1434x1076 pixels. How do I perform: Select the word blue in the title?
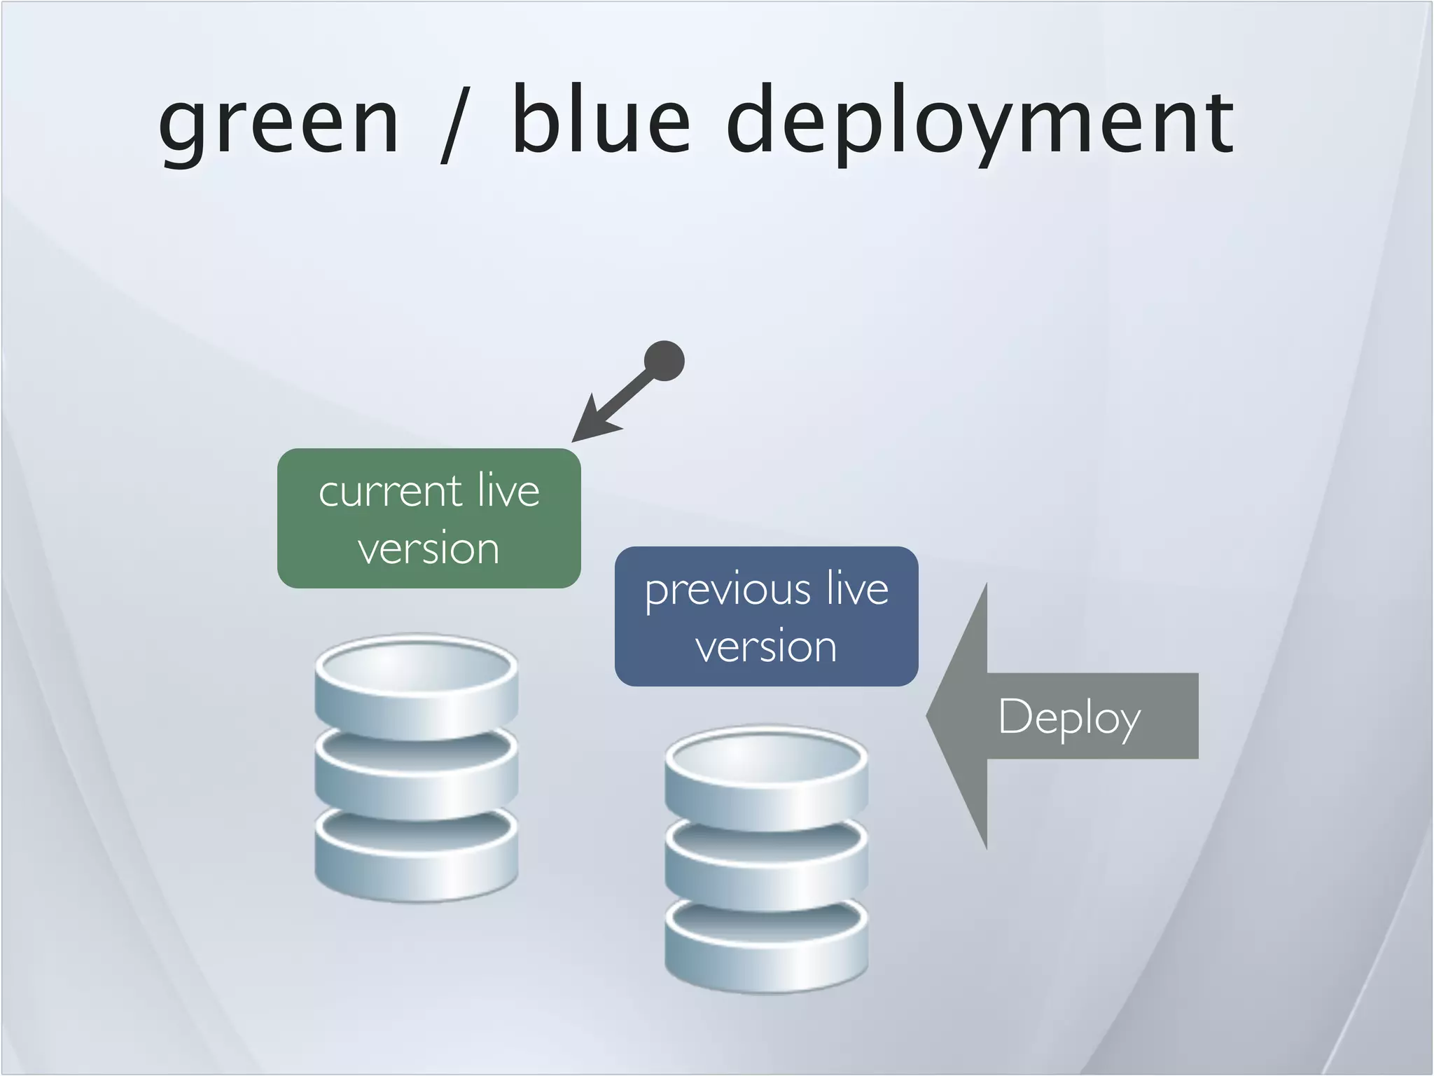tap(601, 119)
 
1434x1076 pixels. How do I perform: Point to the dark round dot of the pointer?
tap(664, 361)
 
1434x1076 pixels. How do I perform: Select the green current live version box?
tap(429, 518)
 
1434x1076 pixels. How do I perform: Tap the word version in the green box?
tap(429, 549)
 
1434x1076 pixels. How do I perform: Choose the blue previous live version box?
tap(766, 616)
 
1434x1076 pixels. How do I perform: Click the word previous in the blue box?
tap(727, 591)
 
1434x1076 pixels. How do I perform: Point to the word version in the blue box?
tap(766, 647)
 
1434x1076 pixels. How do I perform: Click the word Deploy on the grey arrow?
tap(1069, 717)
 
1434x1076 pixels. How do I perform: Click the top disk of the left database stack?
tap(416, 690)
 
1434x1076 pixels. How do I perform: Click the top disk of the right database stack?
tap(766, 781)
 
